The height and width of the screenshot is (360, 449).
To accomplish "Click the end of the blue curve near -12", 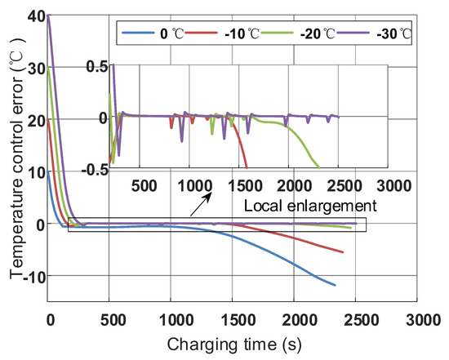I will (335, 285).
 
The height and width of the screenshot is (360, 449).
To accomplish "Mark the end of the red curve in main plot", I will (343, 252).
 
